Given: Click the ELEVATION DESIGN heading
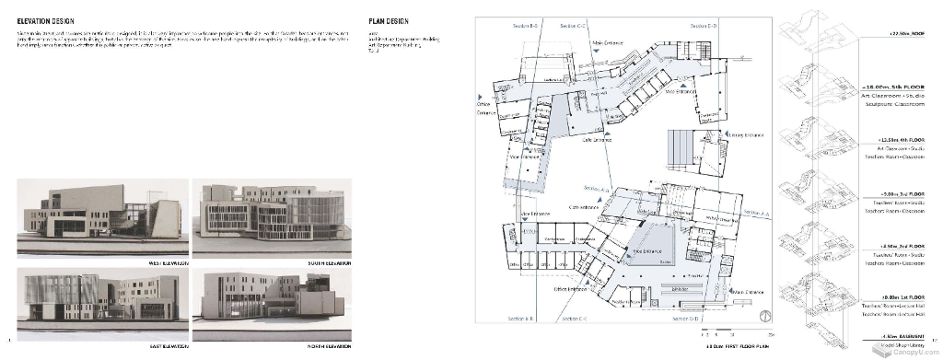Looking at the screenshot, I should tap(46, 19).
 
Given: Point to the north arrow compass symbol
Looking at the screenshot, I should tap(765, 318).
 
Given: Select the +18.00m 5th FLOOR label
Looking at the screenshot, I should tap(898, 86).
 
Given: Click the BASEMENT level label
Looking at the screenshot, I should tap(904, 337).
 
